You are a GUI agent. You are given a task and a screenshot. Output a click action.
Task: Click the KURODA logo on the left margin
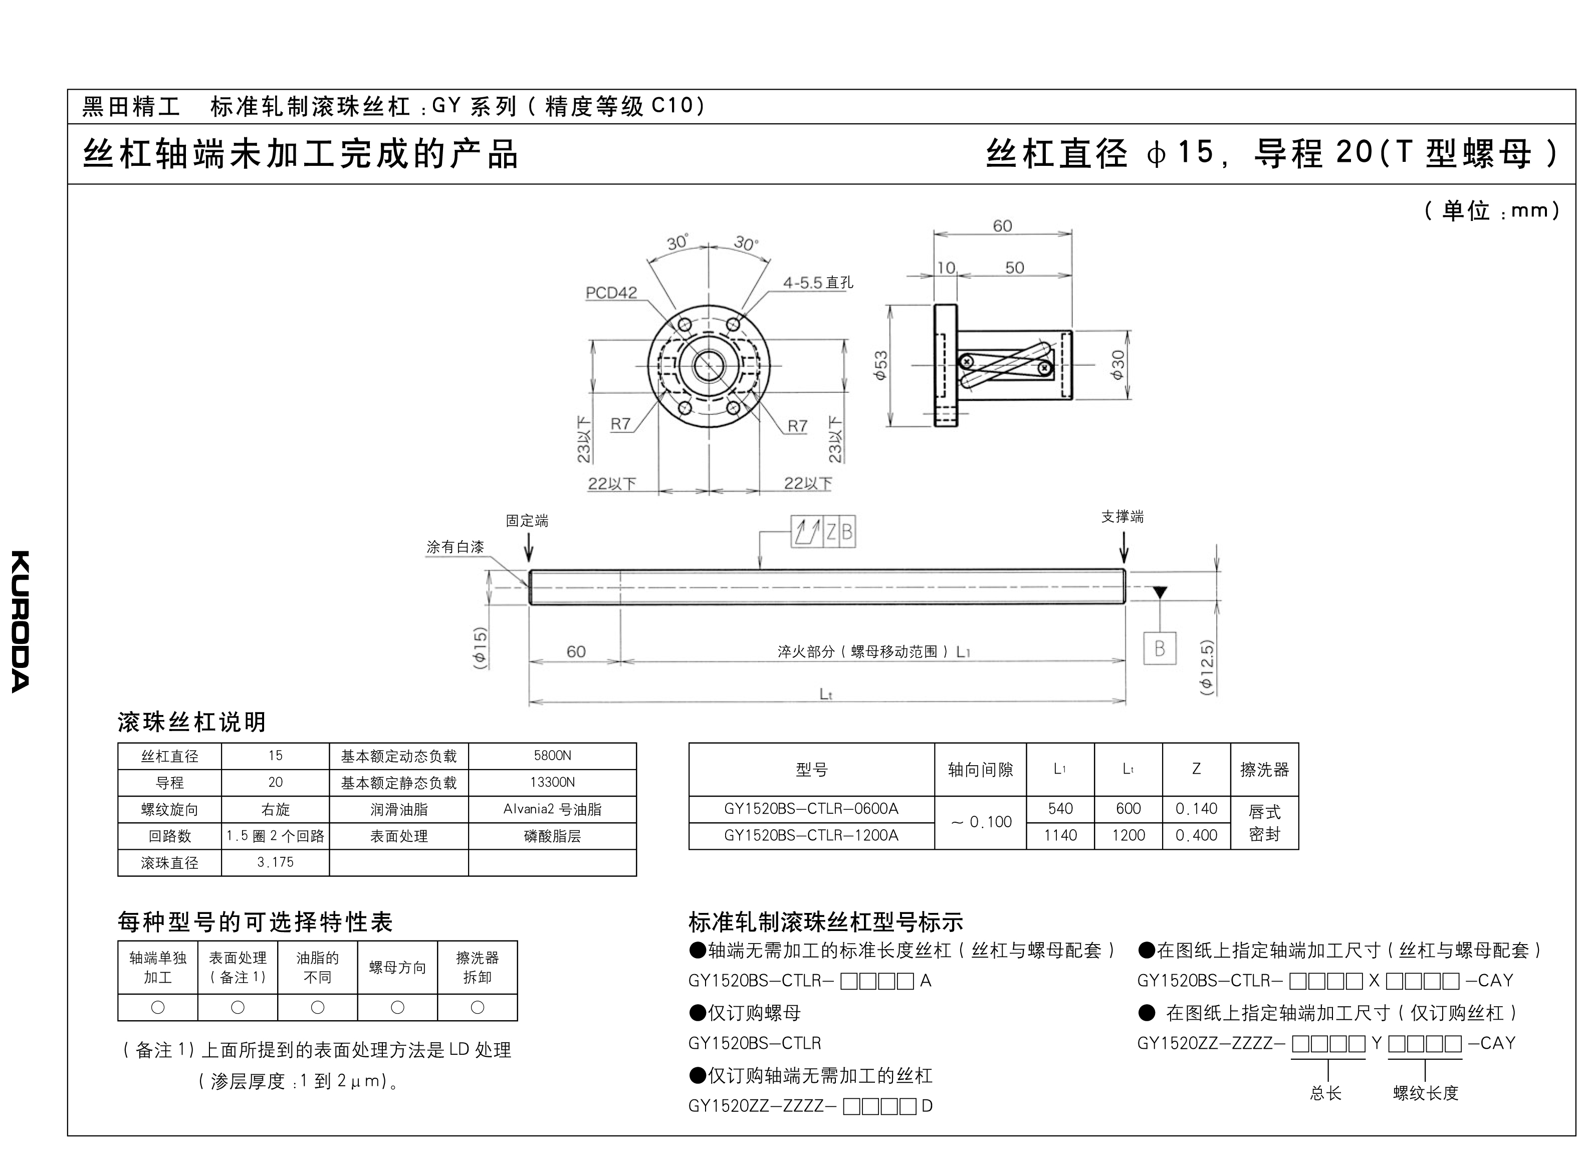coord(21,621)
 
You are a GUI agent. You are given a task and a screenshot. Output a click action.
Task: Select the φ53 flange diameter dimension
coord(881,366)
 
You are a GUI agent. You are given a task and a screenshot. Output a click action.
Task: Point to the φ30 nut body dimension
coord(1118,365)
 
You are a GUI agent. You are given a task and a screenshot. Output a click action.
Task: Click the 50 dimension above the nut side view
coord(1015,268)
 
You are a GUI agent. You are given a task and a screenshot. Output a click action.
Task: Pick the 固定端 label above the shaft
coord(527,521)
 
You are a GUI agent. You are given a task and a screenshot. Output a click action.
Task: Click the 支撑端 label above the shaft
coord(1122,517)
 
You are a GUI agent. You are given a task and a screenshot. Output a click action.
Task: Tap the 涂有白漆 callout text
coord(455,547)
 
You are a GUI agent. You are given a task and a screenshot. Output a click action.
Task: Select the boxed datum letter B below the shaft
coord(1160,648)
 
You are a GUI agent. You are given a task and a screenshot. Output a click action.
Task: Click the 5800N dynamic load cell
coord(553,756)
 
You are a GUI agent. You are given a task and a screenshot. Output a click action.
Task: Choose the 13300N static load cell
coord(553,782)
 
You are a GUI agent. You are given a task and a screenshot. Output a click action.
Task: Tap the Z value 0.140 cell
coord(1197,809)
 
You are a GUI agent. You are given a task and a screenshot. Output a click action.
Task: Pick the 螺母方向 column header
coord(397,968)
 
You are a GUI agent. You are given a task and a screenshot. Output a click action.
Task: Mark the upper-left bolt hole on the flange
coord(684,324)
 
